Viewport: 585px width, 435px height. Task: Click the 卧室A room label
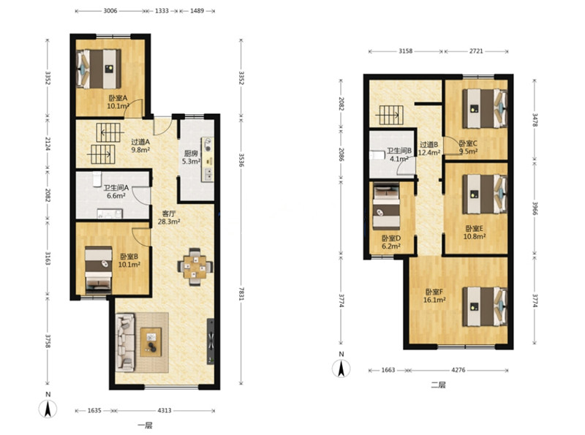click(x=118, y=98)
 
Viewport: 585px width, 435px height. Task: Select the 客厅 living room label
click(x=169, y=213)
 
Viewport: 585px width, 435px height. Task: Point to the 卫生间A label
click(x=116, y=188)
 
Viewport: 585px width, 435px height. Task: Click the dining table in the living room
click(x=195, y=267)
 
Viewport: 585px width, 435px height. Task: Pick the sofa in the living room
click(x=125, y=342)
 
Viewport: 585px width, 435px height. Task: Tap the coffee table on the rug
click(x=151, y=342)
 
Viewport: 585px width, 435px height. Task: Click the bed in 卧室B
click(x=99, y=268)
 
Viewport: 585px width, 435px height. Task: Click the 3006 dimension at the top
click(x=110, y=11)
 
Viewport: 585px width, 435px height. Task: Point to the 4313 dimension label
click(x=164, y=410)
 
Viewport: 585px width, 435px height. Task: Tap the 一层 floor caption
click(x=145, y=425)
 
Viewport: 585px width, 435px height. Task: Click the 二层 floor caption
click(x=438, y=385)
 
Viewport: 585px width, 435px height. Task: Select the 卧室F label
click(x=434, y=292)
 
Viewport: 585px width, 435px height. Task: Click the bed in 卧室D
click(x=387, y=207)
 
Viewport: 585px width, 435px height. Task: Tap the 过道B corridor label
click(x=429, y=144)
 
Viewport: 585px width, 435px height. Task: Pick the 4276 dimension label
click(x=458, y=370)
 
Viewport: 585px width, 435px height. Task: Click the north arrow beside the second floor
click(x=341, y=368)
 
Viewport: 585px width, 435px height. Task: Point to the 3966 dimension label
click(x=535, y=209)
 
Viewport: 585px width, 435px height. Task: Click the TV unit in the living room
click(x=211, y=341)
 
